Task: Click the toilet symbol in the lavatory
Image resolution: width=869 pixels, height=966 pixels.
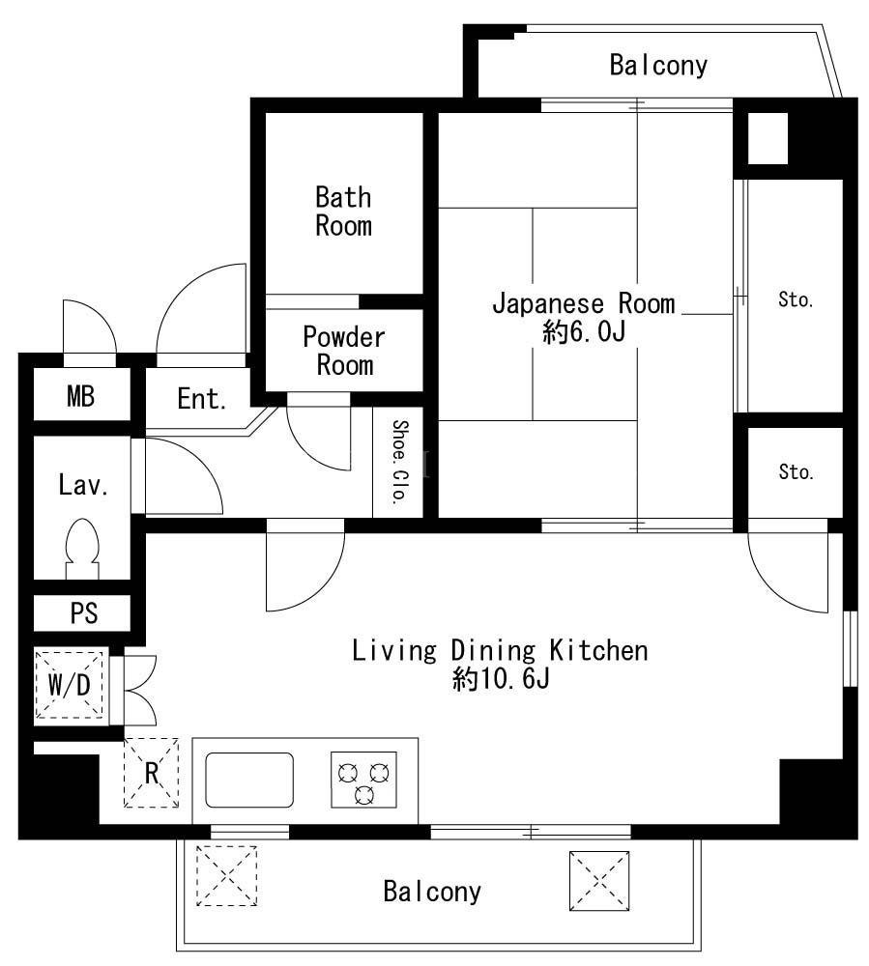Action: pyautogui.click(x=82, y=549)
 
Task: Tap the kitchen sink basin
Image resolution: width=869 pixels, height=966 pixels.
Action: pyautogui.click(x=249, y=780)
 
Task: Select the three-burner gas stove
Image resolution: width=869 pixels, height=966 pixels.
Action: pyautogui.click(x=363, y=780)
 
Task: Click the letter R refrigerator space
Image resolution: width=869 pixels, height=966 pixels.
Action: pyautogui.click(x=152, y=773)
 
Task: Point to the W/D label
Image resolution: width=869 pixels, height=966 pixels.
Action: pyautogui.click(x=69, y=685)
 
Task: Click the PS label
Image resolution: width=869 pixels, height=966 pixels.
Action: pyautogui.click(x=84, y=613)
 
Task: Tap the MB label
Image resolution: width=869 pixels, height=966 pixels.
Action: pyautogui.click(x=81, y=396)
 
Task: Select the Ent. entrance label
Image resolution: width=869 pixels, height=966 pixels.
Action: pyautogui.click(x=201, y=399)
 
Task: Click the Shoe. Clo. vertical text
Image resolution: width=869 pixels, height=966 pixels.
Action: pyautogui.click(x=400, y=462)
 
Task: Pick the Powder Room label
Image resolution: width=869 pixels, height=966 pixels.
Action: pyautogui.click(x=344, y=351)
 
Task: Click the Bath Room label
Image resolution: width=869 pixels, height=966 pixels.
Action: pyautogui.click(x=343, y=212)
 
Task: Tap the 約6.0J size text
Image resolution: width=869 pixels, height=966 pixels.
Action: pyautogui.click(x=584, y=332)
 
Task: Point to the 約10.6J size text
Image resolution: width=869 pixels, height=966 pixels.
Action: pyautogui.click(x=501, y=679)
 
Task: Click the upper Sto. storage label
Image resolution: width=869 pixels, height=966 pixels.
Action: pyautogui.click(x=796, y=300)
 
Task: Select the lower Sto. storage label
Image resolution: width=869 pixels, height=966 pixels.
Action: pyautogui.click(x=796, y=472)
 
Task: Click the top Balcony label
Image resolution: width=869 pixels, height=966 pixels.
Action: pyautogui.click(x=658, y=66)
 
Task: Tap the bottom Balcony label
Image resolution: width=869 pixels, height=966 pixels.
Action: pyautogui.click(x=432, y=892)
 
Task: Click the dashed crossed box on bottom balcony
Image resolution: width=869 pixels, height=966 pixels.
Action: pyautogui.click(x=226, y=875)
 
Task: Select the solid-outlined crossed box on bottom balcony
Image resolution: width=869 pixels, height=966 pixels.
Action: pyautogui.click(x=599, y=881)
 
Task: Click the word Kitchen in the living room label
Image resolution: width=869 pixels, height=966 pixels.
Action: pyautogui.click(x=598, y=650)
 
